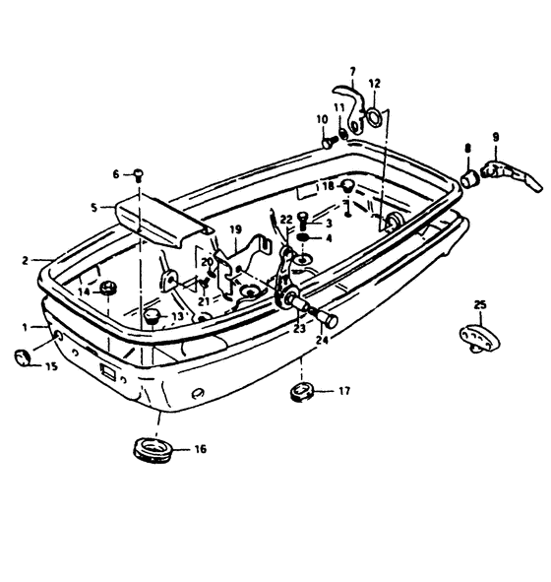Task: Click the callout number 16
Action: pyautogui.click(x=200, y=449)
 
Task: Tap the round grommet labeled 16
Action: pyautogui.click(x=153, y=449)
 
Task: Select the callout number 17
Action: pyautogui.click(x=344, y=391)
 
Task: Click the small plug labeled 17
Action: pyautogui.click(x=301, y=392)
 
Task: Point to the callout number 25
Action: pyautogui.click(x=480, y=304)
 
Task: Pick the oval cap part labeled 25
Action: pyautogui.click(x=479, y=338)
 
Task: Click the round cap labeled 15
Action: pyautogui.click(x=23, y=357)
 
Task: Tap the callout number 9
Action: pyautogui.click(x=496, y=137)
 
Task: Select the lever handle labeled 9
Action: pyautogui.click(x=512, y=175)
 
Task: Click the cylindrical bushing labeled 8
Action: pyautogui.click(x=470, y=179)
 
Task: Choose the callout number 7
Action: pyautogui.click(x=352, y=71)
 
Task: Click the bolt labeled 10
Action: pyautogui.click(x=329, y=142)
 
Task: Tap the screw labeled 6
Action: pyautogui.click(x=139, y=174)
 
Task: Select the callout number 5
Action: pyautogui.click(x=94, y=207)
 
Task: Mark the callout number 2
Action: pyautogui.click(x=25, y=261)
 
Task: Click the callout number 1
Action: pyautogui.click(x=25, y=327)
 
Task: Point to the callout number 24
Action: pyautogui.click(x=322, y=340)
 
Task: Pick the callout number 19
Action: pyautogui.click(x=236, y=229)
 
